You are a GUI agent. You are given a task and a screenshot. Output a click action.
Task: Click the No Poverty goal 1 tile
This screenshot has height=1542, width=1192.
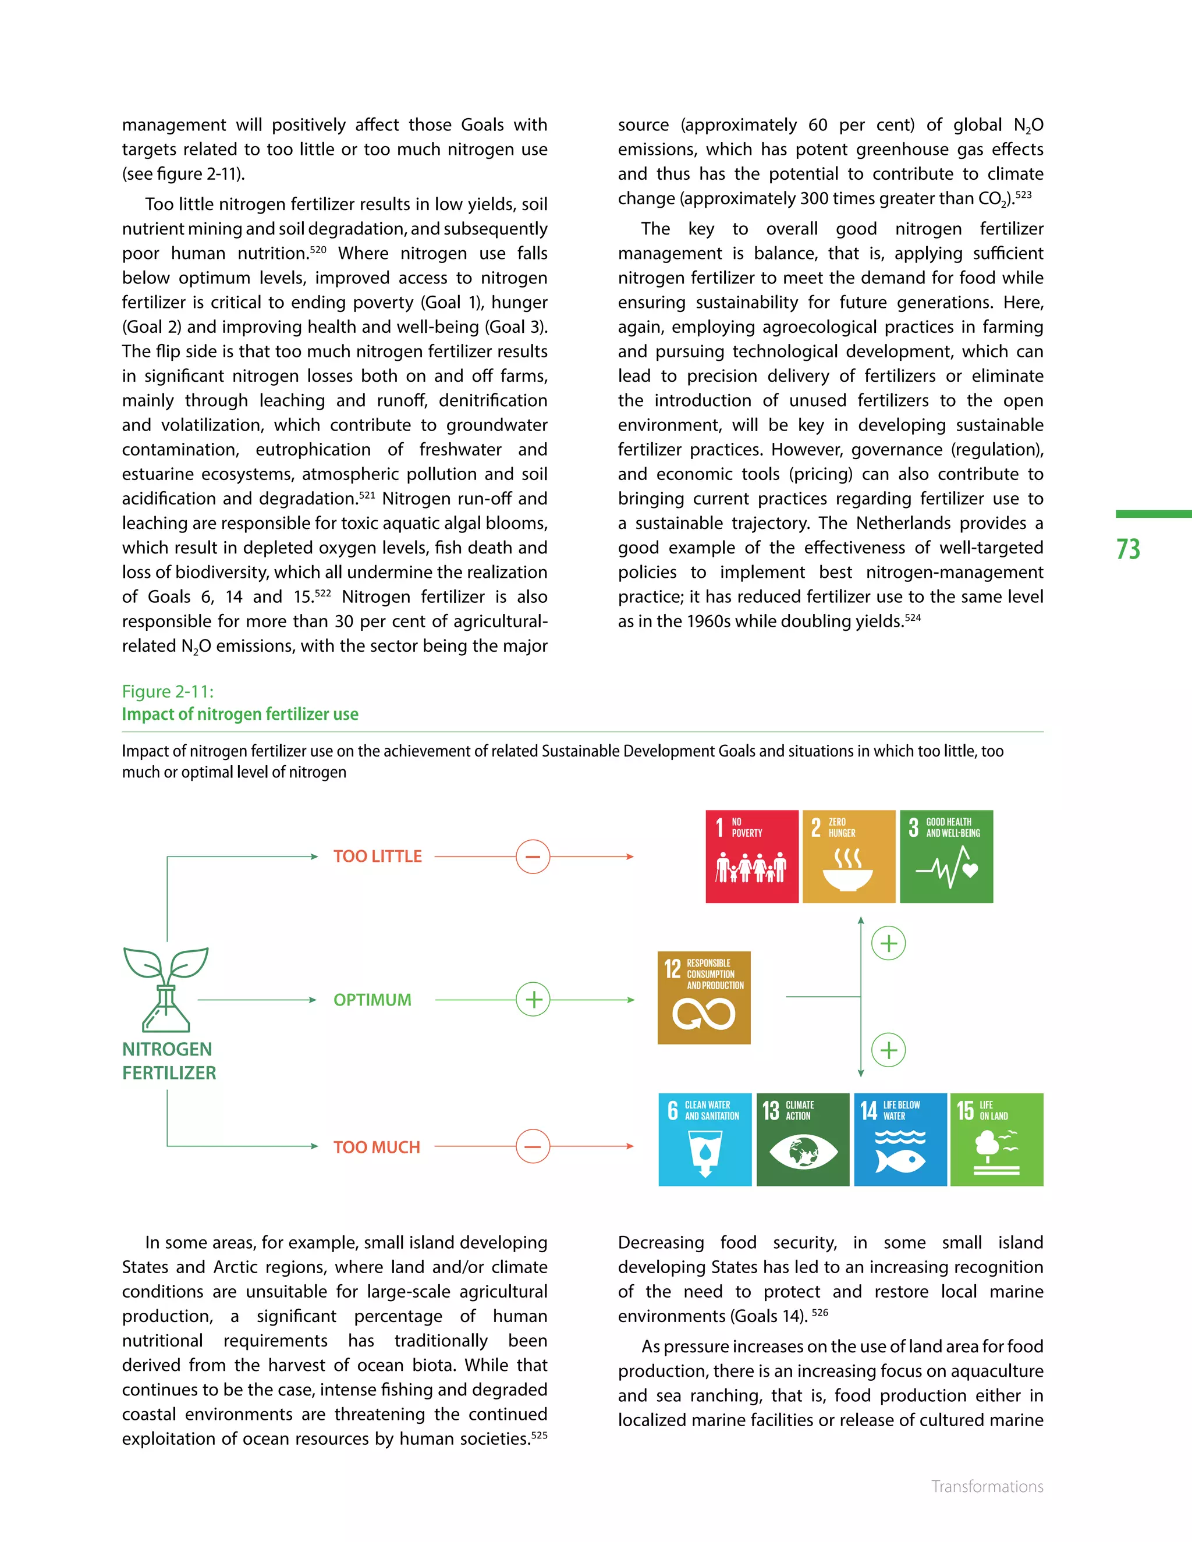tap(751, 856)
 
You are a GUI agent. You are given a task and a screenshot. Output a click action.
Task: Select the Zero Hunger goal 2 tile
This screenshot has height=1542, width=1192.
tap(848, 856)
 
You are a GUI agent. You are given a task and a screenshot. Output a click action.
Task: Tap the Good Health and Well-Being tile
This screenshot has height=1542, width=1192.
tap(946, 856)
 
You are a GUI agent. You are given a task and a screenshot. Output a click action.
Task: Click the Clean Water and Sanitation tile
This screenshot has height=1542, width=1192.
tap(704, 1139)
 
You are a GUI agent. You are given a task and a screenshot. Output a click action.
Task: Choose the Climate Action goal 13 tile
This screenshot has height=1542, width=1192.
tap(802, 1139)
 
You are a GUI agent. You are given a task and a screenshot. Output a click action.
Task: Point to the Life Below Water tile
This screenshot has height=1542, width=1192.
tap(900, 1139)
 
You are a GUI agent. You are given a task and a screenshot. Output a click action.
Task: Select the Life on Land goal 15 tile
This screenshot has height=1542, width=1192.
tap(996, 1139)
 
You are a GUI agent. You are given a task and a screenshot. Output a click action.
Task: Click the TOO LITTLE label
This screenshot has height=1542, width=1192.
tap(377, 857)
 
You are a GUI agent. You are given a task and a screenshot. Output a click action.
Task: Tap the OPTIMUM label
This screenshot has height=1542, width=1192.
tap(372, 1000)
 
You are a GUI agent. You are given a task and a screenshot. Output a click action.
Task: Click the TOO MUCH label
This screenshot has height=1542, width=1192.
tap(377, 1147)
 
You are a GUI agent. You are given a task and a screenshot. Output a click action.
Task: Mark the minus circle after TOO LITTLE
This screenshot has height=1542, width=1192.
tap(533, 857)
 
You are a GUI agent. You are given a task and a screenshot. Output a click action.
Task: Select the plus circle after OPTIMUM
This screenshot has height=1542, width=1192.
tap(533, 999)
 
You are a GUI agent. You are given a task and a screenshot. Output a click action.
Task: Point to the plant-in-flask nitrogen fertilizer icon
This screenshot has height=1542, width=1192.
tap(166, 989)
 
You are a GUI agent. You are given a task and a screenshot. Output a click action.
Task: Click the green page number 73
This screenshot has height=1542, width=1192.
tap(1128, 549)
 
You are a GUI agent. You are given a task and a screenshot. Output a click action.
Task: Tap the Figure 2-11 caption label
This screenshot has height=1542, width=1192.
tap(168, 691)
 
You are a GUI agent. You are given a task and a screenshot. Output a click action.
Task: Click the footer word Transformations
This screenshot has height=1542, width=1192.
tap(987, 1486)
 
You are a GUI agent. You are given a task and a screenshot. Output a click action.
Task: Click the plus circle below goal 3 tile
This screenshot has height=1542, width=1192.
tap(888, 943)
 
